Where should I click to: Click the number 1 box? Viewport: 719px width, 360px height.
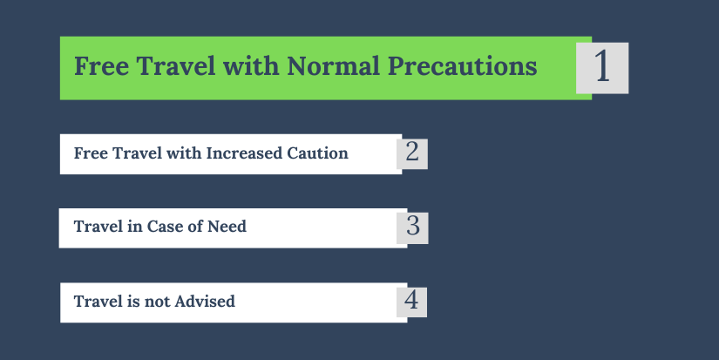click(602, 68)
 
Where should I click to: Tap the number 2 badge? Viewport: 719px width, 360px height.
click(412, 153)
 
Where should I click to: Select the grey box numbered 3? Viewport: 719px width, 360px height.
click(413, 228)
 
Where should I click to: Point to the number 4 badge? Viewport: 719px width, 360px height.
click(411, 302)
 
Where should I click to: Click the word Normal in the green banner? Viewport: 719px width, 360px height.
click(334, 66)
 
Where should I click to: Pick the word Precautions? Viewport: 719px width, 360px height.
click(462, 67)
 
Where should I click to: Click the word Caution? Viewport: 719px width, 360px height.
click(317, 153)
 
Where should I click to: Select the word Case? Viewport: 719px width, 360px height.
click(162, 227)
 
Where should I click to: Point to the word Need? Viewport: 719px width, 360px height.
click(227, 227)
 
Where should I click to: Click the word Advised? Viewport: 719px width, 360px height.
click(205, 302)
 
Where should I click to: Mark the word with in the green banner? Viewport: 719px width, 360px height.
click(251, 66)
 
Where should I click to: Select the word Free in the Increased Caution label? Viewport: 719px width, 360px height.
click(91, 153)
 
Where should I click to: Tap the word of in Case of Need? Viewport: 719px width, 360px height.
click(193, 227)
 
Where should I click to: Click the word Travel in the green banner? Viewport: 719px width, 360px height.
click(176, 66)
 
